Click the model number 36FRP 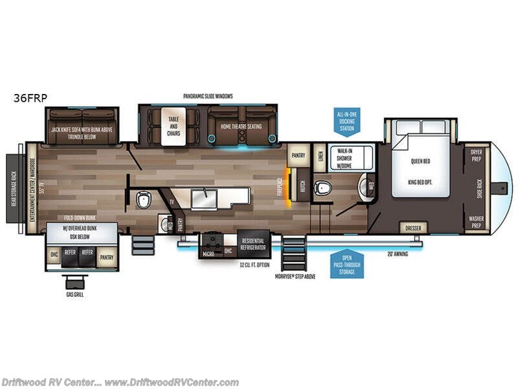pyautogui.click(x=29, y=99)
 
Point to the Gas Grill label pyautogui.click(x=74, y=294)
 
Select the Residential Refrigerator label pyautogui.click(x=253, y=244)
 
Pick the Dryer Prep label pyautogui.click(x=477, y=153)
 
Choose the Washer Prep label pyautogui.click(x=477, y=222)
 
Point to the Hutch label pyautogui.click(x=303, y=184)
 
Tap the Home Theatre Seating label pyautogui.click(x=241, y=126)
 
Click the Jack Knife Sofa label pyautogui.click(x=82, y=133)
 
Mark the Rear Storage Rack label pyautogui.click(x=13, y=188)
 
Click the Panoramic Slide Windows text pyautogui.click(x=207, y=96)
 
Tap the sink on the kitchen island pyautogui.click(x=204, y=196)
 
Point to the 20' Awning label pyautogui.click(x=397, y=254)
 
